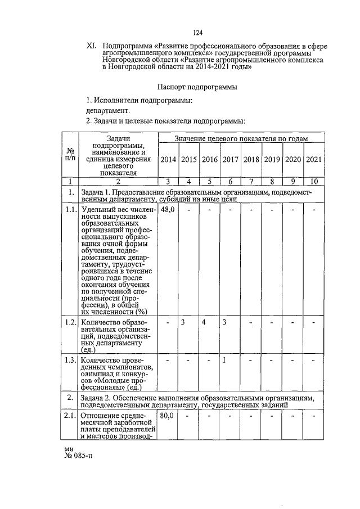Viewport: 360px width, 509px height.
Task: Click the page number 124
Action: pos(197,33)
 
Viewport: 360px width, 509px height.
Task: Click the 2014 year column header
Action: pos(168,160)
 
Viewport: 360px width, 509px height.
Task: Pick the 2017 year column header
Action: pos(231,160)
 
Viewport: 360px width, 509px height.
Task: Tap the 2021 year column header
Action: pos(313,160)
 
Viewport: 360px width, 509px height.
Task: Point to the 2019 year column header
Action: pos(272,160)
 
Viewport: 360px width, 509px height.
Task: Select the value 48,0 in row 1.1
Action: pos(168,209)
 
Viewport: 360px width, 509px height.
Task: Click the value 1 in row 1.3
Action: pos(224,360)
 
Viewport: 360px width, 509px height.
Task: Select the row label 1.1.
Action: pos(70,209)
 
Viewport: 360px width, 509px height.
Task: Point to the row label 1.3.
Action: pos(70,360)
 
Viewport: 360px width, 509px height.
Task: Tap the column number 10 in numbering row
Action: pos(313,181)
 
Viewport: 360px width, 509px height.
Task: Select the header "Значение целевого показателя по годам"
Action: pos(241,138)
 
